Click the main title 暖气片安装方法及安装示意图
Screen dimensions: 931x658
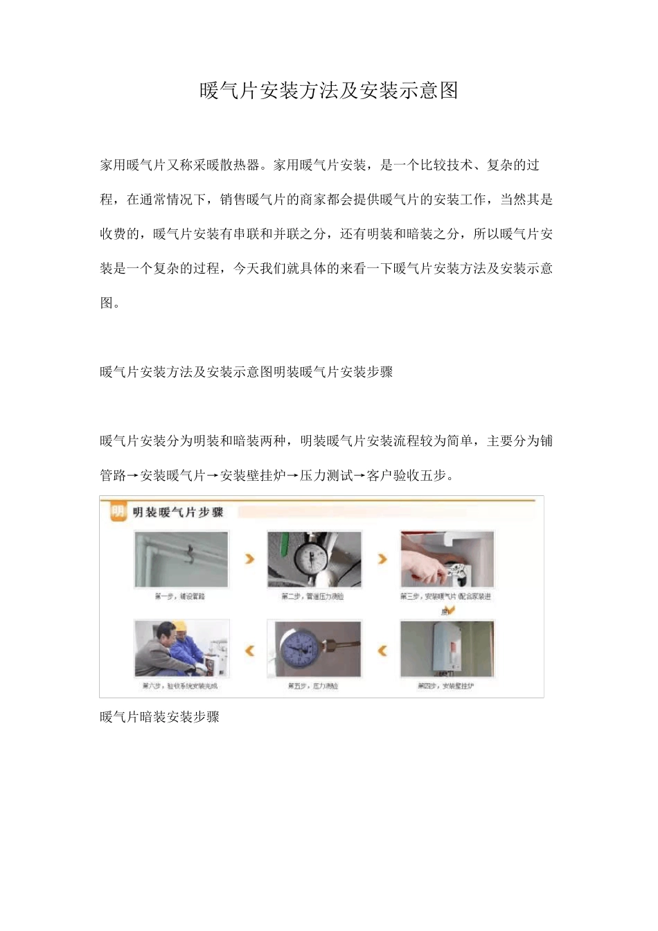tap(329, 90)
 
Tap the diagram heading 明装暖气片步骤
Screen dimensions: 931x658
tap(178, 513)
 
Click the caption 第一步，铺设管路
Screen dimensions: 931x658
tap(179, 596)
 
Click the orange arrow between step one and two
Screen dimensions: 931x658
tap(249, 558)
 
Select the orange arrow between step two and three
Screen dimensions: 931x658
tap(382, 558)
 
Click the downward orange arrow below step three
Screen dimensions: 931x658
tap(447, 610)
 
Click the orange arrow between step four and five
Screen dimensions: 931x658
tap(382, 650)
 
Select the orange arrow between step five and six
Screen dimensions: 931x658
tap(249, 650)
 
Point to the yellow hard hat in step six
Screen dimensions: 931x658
tap(180, 627)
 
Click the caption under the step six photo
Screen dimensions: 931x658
tap(179, 686)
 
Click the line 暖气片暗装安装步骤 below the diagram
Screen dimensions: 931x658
tap(159, 717)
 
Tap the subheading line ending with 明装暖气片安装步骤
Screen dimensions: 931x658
tap(246, 372)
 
